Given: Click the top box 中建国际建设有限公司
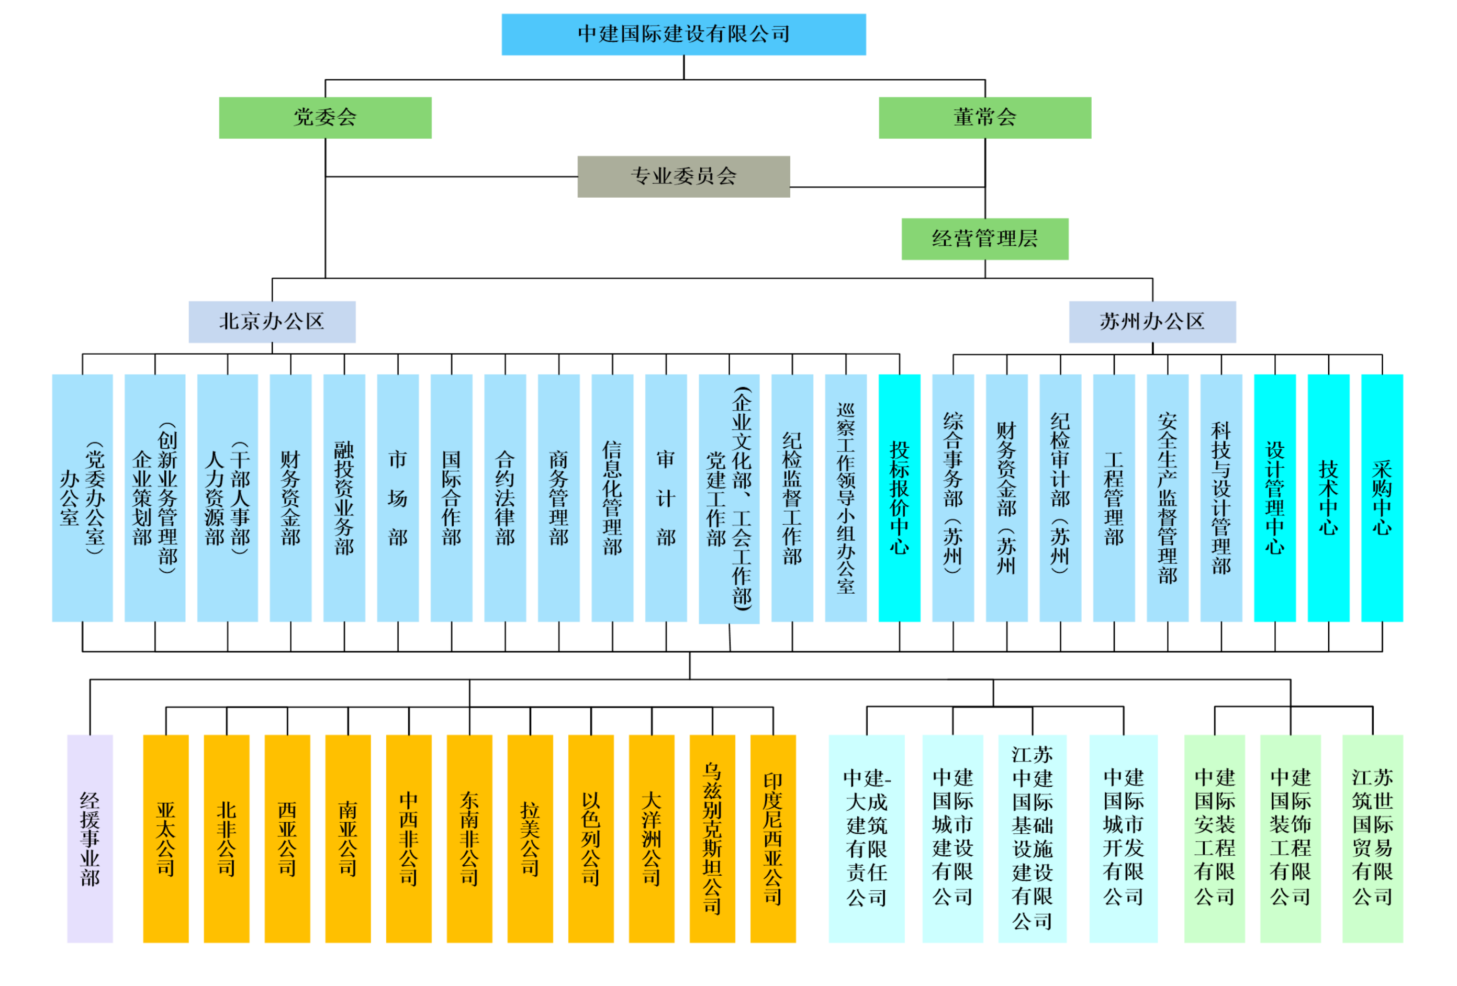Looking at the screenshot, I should [683, 35].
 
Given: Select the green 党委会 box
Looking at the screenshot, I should [325, 117].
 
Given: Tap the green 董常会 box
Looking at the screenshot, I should [984, 117].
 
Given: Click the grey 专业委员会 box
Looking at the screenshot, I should [683, 176].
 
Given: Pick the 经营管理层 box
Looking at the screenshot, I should [984, 239].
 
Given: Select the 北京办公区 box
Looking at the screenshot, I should [272, 321].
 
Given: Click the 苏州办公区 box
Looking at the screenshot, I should [1152, 321].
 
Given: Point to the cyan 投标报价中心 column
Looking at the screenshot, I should [899, 498].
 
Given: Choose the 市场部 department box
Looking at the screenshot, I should [397, 498].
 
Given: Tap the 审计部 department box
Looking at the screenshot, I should [666, 498].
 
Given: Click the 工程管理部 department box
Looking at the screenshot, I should [1114, 498].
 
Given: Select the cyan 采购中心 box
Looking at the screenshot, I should [1382, 498].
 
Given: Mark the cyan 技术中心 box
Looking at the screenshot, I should [1328, 498].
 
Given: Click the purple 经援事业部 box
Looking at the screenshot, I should [89, 838].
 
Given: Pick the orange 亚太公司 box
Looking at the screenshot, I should [165, 838].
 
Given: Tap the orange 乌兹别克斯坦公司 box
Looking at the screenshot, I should [712, 838].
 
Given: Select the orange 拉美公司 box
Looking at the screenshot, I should [530, 838].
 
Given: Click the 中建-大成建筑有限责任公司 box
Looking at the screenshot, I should [867, 838].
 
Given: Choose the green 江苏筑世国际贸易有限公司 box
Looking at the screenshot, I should [1372, 838].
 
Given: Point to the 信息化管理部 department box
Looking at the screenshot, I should [612, 498].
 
